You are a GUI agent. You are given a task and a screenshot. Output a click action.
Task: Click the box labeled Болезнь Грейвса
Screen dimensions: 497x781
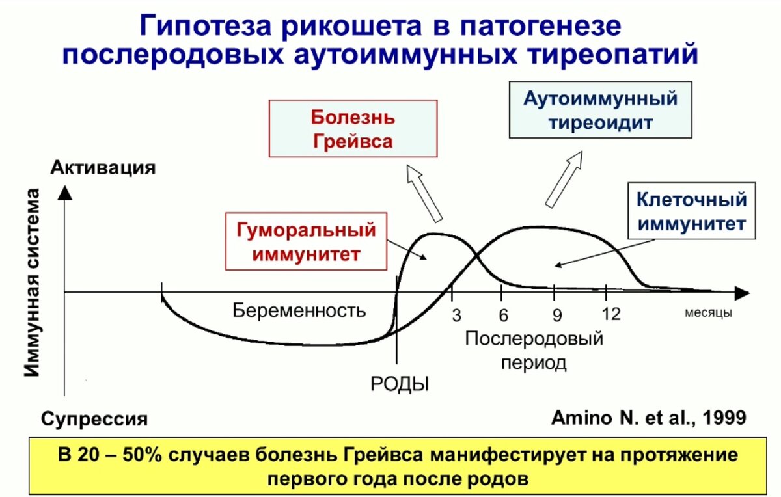pyautogui.click(x=352, y=128)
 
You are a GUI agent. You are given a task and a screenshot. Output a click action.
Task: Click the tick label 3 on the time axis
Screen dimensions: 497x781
pyautogui.click(x=456, y=316)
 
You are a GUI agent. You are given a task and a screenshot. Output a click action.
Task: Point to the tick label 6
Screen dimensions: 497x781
pyautogui.click(x=503, y=315)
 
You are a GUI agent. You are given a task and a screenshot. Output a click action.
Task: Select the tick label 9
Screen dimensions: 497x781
pyautogui.click(x=557, y=316)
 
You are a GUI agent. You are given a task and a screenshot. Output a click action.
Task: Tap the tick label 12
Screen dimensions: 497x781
pyautogui.click(x=611, y=315)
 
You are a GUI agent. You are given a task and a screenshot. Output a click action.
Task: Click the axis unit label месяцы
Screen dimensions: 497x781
pyautogui.click(x=708, y=313)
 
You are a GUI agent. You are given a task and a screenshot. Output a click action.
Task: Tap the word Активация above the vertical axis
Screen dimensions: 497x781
pyautogui.click(x=103, y=167)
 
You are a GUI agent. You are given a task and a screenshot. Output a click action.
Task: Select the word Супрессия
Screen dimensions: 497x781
pyautogui.click(x=95, y=418)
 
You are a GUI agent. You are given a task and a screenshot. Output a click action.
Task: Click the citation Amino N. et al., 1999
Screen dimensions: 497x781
pyautogui.click(x=648, y=418)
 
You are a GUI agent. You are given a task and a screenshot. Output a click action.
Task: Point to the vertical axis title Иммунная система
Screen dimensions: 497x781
pyautogui.click(x=34, y=283)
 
